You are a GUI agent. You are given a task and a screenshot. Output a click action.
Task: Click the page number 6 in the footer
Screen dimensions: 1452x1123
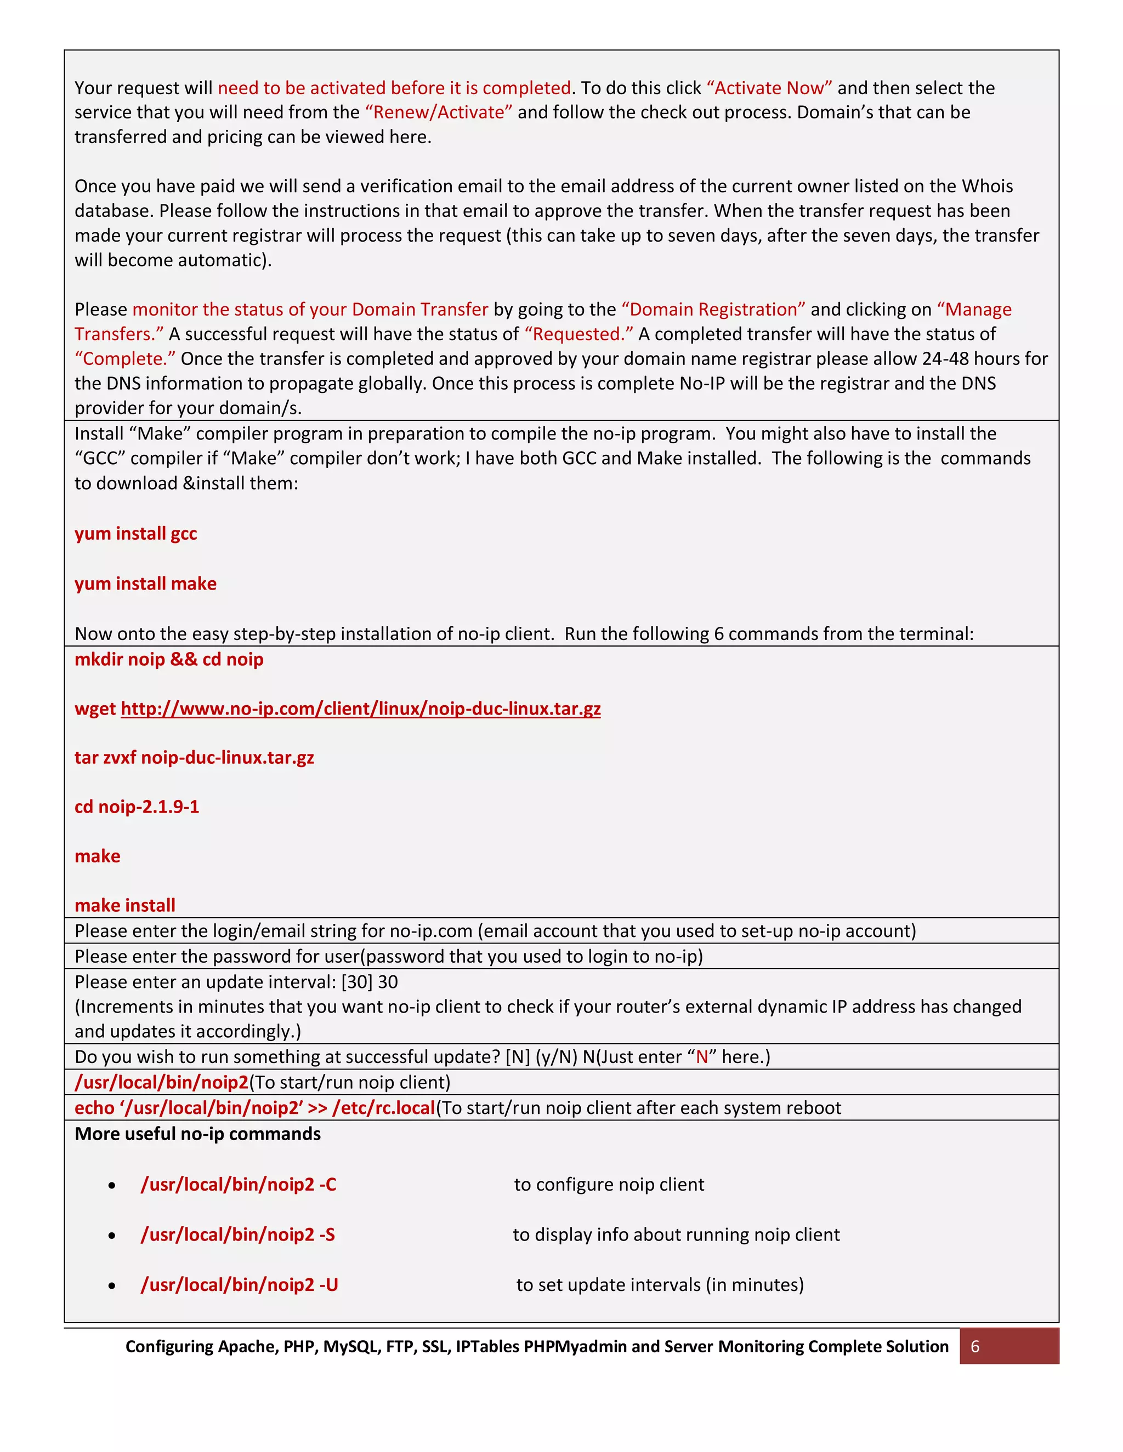974,1346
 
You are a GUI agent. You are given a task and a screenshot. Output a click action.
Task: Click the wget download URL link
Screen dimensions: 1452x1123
361,708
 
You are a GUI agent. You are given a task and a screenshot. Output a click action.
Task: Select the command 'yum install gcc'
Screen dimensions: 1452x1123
136,533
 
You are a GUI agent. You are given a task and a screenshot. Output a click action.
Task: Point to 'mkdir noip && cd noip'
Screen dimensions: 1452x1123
169,660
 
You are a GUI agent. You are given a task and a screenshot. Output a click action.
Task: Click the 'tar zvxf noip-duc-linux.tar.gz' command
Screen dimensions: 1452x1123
194,758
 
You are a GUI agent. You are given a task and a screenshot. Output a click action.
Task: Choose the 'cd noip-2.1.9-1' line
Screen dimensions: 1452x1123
137,807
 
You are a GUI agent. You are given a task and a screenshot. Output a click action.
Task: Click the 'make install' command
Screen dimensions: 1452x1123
125,906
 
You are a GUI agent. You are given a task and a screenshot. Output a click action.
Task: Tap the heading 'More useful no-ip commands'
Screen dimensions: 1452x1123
197,1134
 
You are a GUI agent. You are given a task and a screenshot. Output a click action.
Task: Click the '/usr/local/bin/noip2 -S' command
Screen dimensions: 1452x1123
238,1234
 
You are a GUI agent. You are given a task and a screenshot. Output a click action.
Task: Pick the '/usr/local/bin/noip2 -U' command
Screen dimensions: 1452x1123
240,1284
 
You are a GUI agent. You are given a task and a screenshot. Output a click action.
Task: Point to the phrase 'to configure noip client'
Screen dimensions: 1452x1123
609,1185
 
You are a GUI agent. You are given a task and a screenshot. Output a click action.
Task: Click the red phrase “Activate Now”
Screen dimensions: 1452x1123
769,88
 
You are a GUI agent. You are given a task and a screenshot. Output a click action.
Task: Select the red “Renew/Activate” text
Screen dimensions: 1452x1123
439,112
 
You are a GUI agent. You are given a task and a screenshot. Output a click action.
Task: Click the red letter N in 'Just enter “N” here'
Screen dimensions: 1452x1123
702,1057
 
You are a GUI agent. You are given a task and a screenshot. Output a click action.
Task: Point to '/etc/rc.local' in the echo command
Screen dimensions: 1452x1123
384,1108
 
